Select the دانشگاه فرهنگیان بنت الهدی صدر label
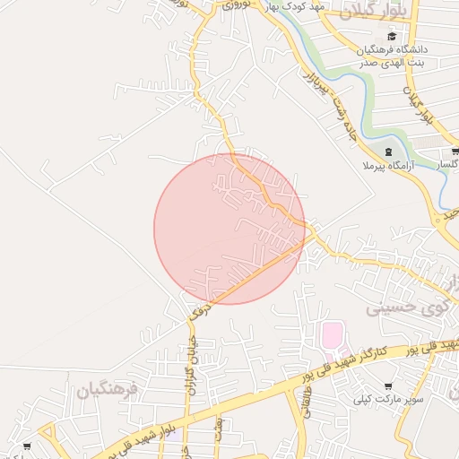pyautogui.click(x=394, y=56)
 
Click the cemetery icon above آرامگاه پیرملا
pyautogui.click(x=387, y=151)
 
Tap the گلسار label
pyautogui.click(x=447, y=166)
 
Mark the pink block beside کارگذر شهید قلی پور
pyautogui.click(x=332, y=337)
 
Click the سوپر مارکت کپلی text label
pyautogui.click(x=386, y=398)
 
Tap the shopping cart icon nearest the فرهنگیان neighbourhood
pyautogui.click(x=27, y=445)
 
